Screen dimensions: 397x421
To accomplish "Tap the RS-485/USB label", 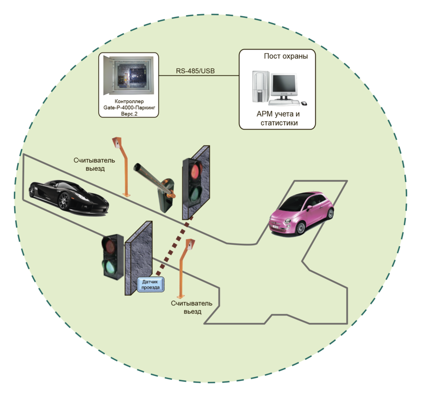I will [195, 71].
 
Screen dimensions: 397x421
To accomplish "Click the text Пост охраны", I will [286, 56].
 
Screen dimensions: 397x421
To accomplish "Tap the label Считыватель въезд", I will [192, 307].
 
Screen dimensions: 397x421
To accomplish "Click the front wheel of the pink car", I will [300, 228].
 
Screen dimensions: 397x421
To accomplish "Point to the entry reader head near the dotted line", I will [190, 244].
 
